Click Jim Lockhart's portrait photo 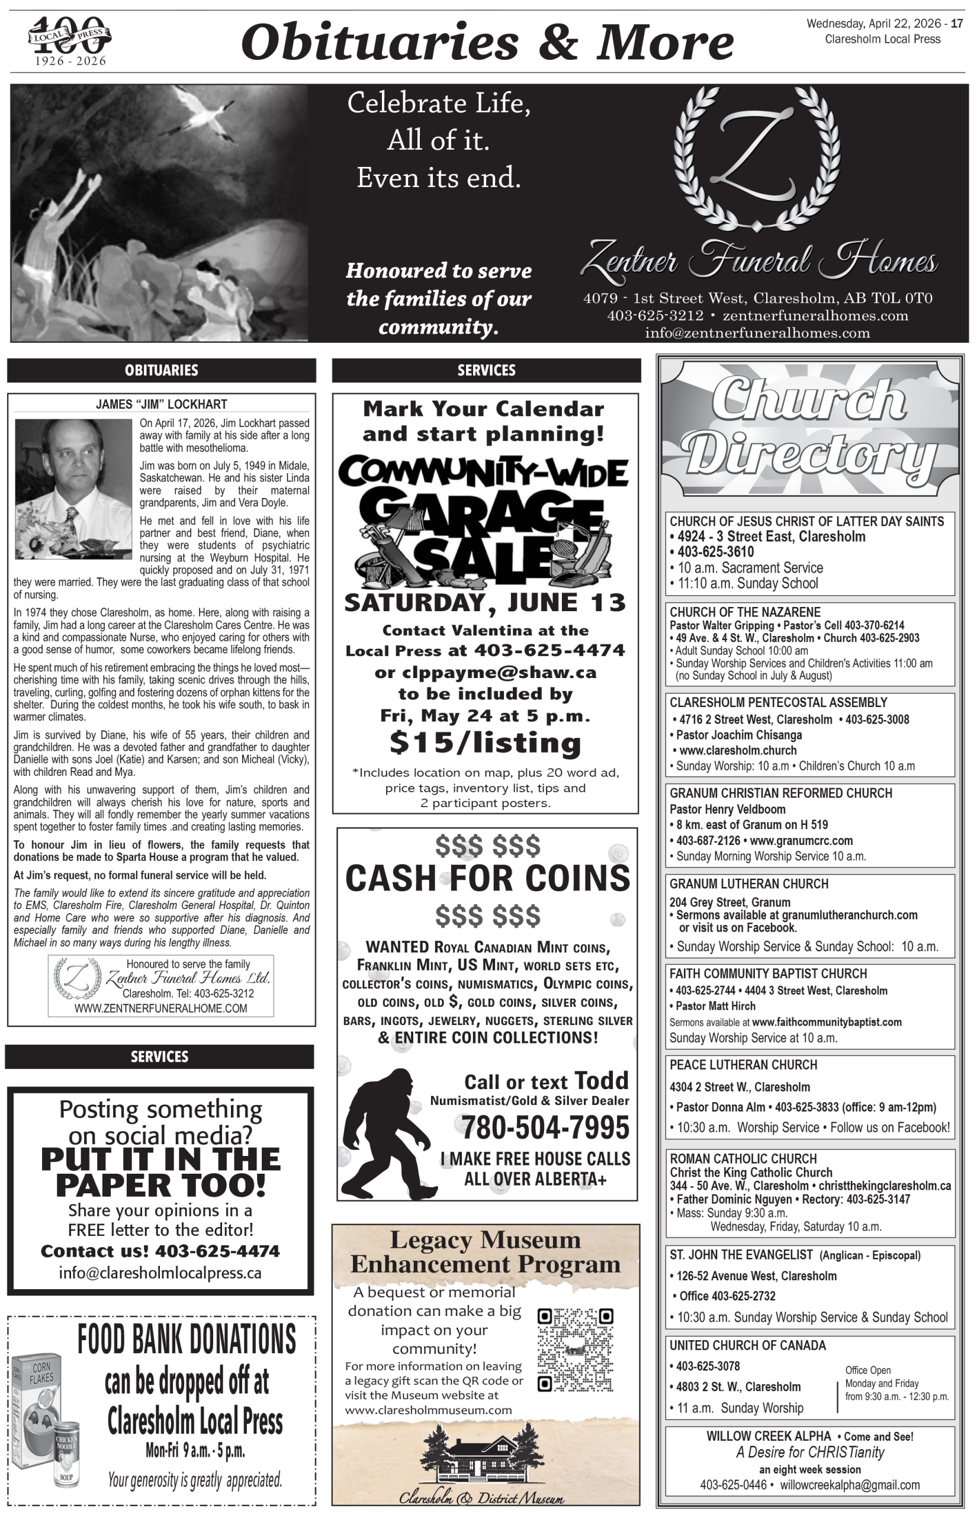[x=73, y=489]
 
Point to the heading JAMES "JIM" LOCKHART [x=161, y=404]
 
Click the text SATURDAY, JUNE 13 [x=485, y=603]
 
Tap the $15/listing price [x=486, y=742]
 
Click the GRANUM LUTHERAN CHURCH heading [x=748, y=884]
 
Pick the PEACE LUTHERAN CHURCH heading [x=743, y=1064]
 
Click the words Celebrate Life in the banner [x=438, y=104]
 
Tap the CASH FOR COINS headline [x=487, y=879]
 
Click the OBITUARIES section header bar [x=161, y=370]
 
